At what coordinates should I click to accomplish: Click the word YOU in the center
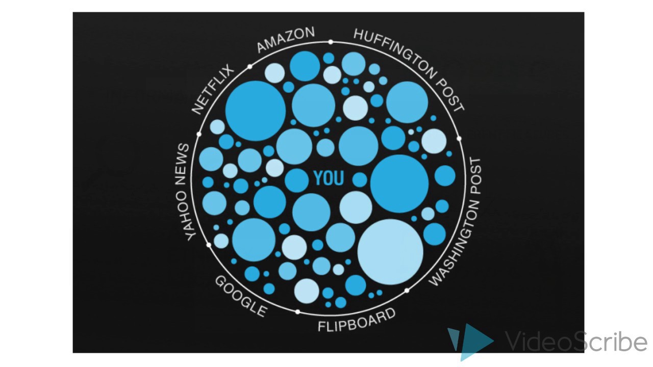tap(329, 178)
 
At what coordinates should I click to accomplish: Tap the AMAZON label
tap(286, 40)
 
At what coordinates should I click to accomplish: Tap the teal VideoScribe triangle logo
tap(469, 340)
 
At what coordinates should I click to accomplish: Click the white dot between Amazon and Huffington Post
tap(331, 42)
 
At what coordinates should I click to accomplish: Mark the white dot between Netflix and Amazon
tap(250, 67)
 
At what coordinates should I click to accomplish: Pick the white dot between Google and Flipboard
tap(298, 312)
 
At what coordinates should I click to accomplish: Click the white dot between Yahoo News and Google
tap(209, 245)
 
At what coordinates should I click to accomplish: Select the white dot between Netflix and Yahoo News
tap(199, 134)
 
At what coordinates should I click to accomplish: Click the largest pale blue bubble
tap(390, 252)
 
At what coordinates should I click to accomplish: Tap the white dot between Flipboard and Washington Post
tap(407, 291)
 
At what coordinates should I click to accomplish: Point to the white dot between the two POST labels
tap(459, 138)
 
